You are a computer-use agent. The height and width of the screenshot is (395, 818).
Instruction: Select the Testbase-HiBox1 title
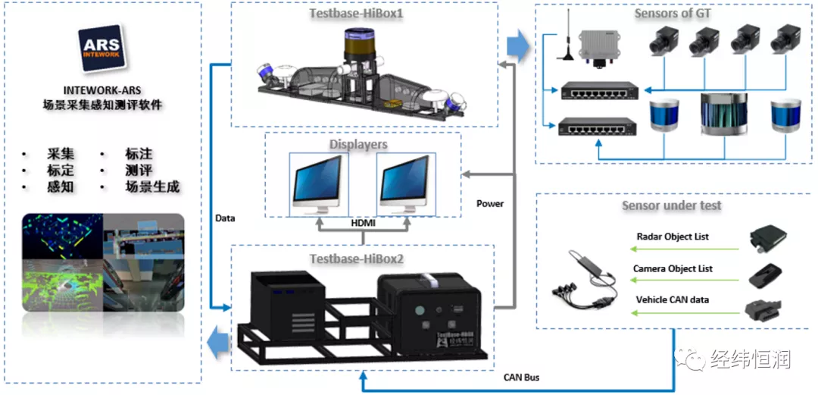[355, 14]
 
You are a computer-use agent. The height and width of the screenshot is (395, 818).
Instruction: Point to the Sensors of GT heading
[672, 14]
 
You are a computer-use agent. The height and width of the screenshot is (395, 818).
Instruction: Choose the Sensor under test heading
[671, 205]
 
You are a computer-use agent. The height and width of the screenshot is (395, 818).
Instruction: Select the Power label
[490, 203]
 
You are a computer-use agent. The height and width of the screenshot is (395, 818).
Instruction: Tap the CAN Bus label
[521, 377]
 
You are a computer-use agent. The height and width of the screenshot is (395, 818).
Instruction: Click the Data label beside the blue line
[225, 218]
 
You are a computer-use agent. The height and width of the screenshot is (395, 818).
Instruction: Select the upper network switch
[598, 92]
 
